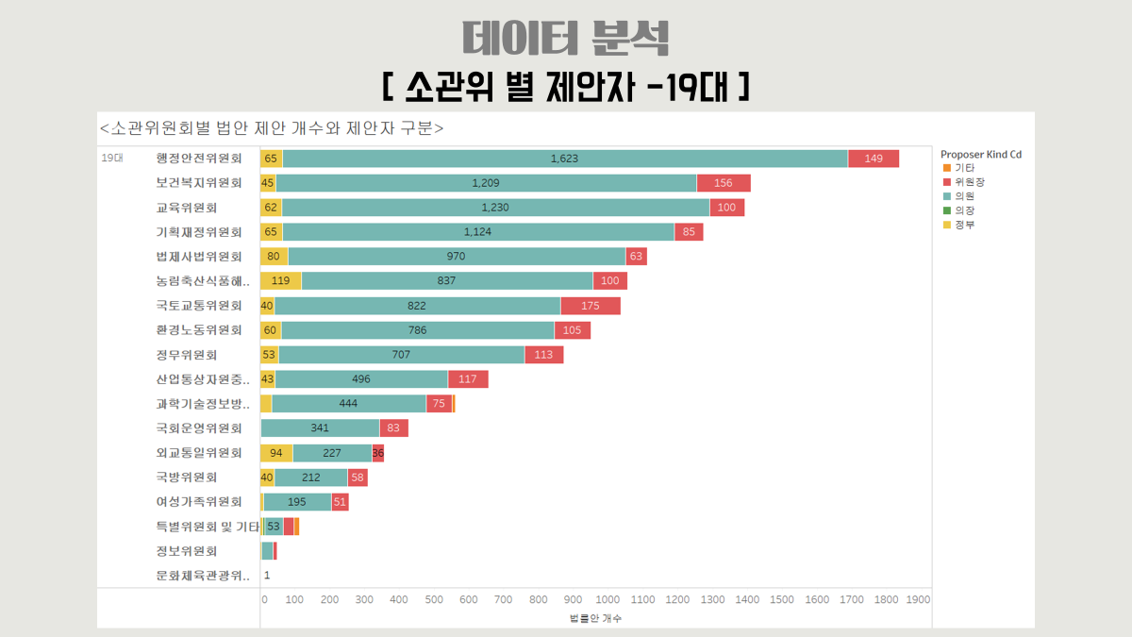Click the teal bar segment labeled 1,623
(565, 159)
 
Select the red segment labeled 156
(724, 183)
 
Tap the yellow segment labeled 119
(281, 281)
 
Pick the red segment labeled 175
(591, 306)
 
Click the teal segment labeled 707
(402, 355)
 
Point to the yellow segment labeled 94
(277, 453)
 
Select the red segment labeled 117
(468, 379)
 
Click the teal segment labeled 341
(321, 428)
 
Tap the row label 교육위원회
(187, 208)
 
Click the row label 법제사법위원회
(199, 257)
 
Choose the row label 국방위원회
(187, 478)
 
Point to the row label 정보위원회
(187, 551)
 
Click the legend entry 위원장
(970, 182)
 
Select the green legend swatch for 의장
(947, 210)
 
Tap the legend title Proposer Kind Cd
(981, 154)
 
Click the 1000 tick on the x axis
(608, 599)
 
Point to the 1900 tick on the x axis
(918, 599)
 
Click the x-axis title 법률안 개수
(596, 618)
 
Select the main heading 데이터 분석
(566, 38)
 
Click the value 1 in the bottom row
(267, 576)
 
